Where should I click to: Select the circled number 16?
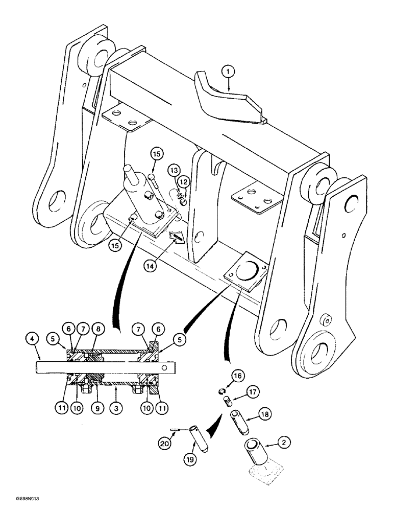[x=237, y=376]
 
